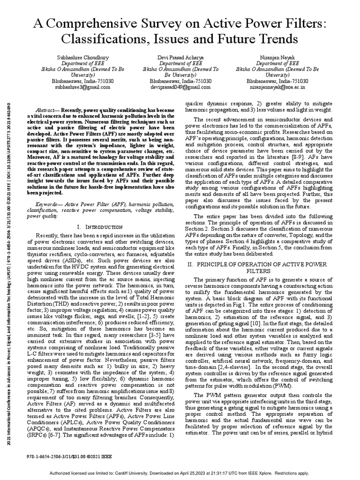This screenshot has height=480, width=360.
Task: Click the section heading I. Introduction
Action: tap(92, 226)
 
